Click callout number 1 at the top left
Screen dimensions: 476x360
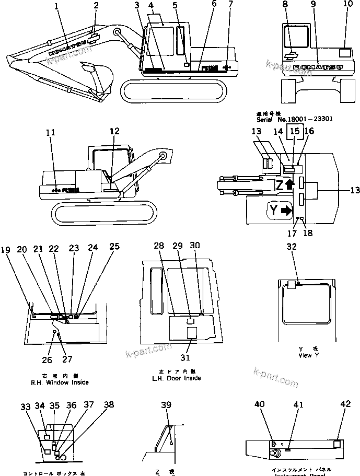[57, 6]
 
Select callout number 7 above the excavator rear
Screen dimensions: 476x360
[230, 6]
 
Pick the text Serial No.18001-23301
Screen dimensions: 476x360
[295, 119]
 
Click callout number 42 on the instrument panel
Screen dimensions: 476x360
[345, 404]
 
